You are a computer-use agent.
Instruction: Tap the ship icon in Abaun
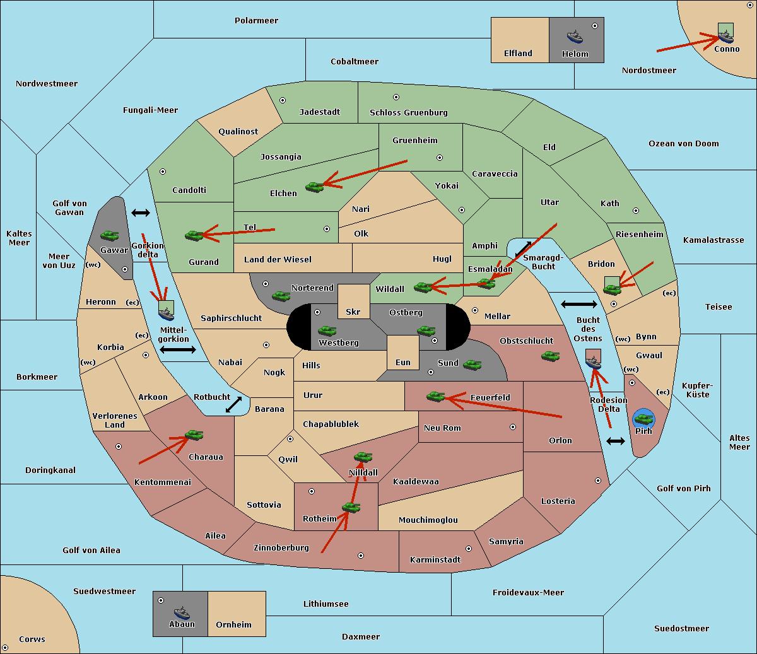[x=182, y=612]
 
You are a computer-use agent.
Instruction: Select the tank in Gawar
[x=109, y=235]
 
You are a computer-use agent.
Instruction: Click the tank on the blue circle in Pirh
[x=643, y=419]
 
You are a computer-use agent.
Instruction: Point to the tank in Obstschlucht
[x=551, y=356]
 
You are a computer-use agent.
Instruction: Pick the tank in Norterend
[x=281, y=296]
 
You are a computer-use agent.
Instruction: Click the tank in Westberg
[x=327, y=330]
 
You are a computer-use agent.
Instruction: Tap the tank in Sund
[x=472, y=365]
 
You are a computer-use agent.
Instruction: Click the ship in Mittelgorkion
[x=166, y=313]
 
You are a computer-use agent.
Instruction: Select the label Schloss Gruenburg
[x=409, y=112]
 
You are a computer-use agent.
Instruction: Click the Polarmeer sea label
[x=256, y=21]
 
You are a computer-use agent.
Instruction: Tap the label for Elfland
[x=518, y=54]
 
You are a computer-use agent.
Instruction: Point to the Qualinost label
[x=238, y=131]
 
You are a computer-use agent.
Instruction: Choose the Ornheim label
[x=233, y=624]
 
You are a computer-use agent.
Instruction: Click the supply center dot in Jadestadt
[x=283, y=100]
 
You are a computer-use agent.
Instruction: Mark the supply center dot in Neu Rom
[x=513, y=427]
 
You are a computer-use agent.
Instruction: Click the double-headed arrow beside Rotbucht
[x=233, y=405]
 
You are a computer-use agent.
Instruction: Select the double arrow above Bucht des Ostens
[x=579, y=304]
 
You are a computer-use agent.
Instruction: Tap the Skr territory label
[x=353, y=312]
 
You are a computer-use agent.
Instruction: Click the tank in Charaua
[x=194, y=435]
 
